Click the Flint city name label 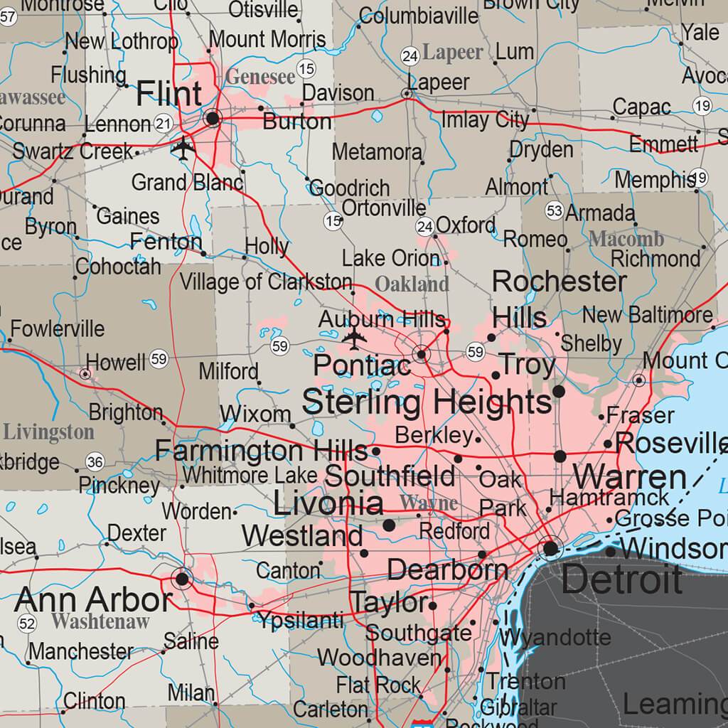coord(168,94)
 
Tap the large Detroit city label coord(621,580)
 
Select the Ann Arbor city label coord(93,599)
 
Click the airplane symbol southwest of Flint coord(183,149)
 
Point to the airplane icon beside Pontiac coord(353,339)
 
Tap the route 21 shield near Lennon coord(163,124)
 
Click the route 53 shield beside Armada coord(555,211)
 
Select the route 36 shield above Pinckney coord(95,463)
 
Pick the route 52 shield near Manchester coord(27,624)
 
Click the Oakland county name coord(412,284)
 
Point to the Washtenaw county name coord(100,621)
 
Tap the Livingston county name coord(48,432)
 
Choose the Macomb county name coord(626,239)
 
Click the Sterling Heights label coord(427,402)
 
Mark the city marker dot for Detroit coord(551,548)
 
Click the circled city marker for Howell coord(85,373)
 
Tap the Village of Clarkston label coord(265,282)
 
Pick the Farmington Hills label coord(260,451)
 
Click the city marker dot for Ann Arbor coord(183,579)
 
